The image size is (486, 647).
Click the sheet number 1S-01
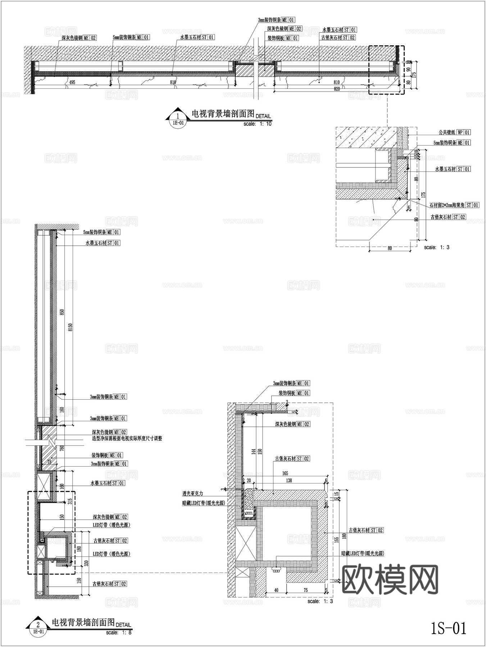[448, 628]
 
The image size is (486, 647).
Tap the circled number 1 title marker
[178, 116]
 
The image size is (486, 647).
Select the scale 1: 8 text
[119, 633]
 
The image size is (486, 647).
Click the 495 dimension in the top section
[72, 82]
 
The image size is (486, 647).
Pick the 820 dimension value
[337, 88]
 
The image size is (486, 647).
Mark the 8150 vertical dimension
[71, 327]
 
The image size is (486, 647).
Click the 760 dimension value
[62, 448]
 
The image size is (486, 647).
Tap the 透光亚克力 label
[198, 494]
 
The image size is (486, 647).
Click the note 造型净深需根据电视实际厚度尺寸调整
[127, 439]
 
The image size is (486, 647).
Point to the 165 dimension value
[285, 474]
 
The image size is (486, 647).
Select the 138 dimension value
[289, 480]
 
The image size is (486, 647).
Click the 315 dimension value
[70, 501]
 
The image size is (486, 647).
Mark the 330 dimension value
[86, 563]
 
